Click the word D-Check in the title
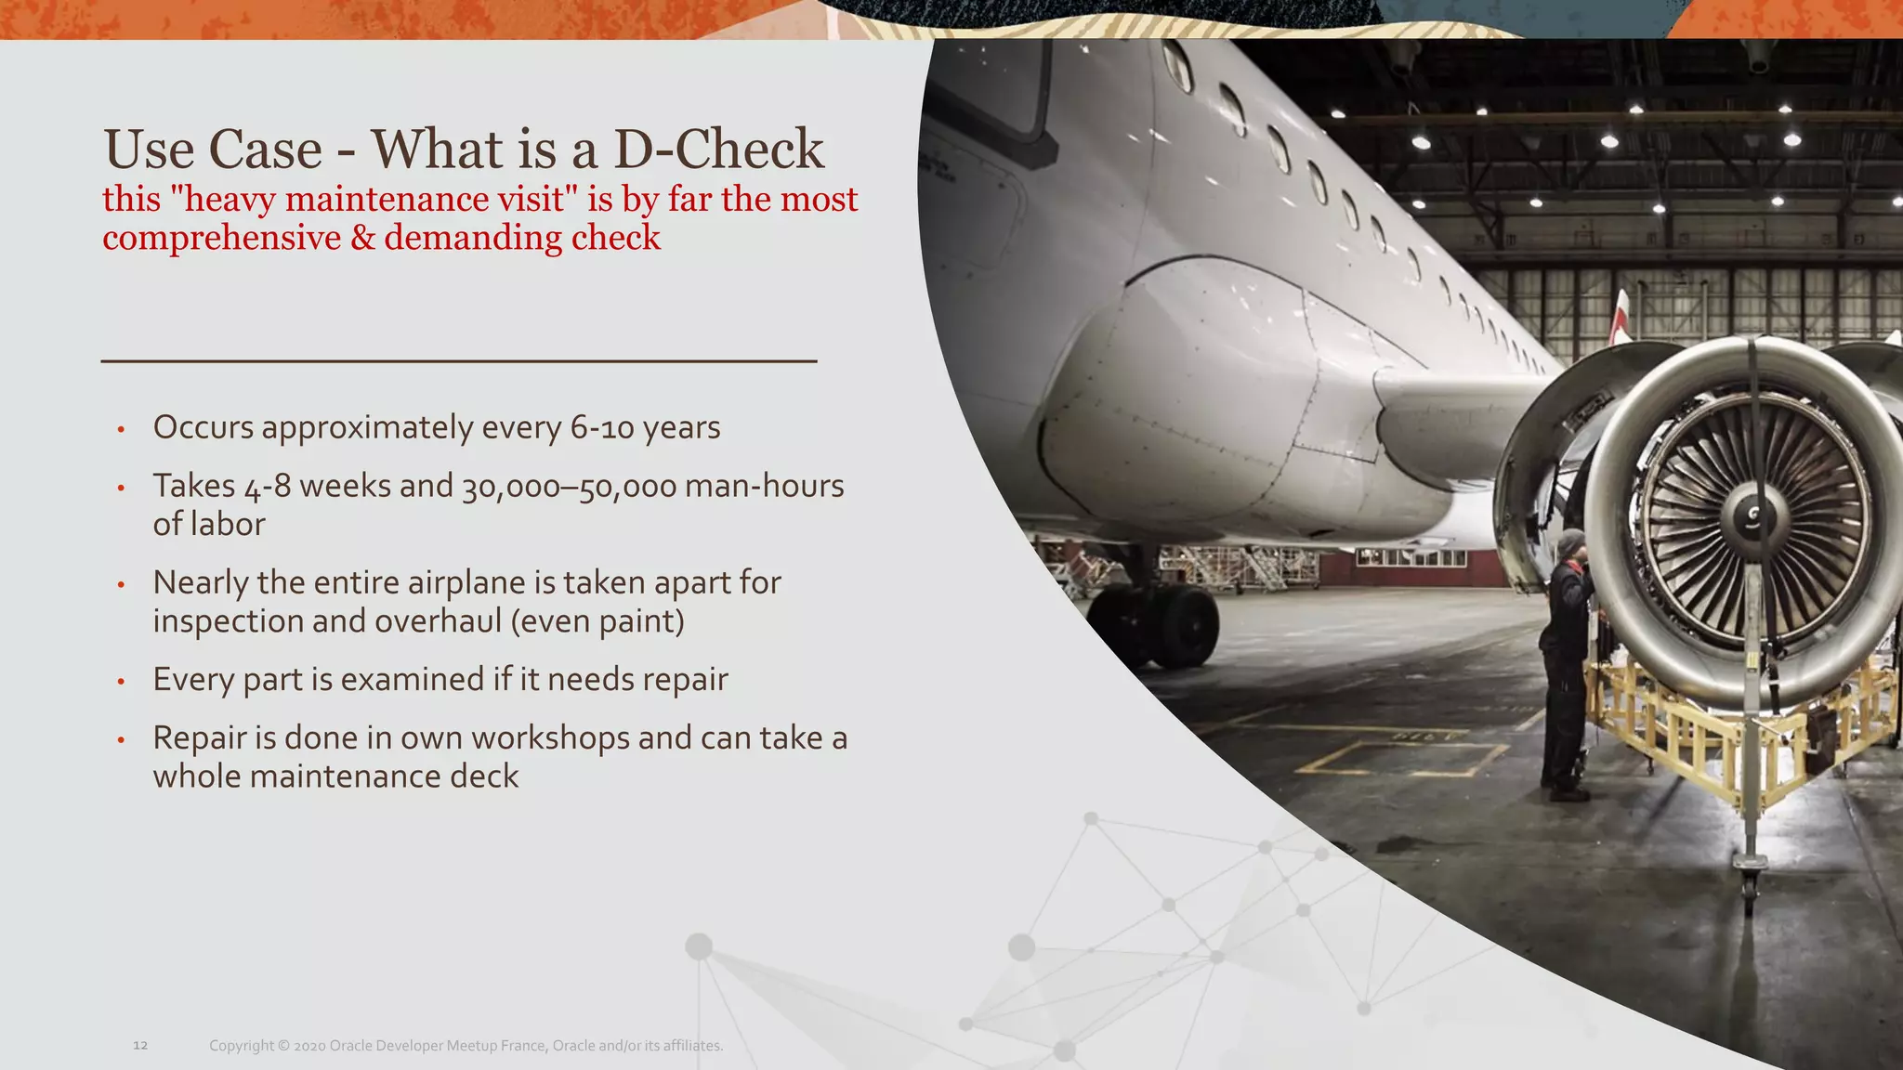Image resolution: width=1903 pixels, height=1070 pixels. click(718, 150)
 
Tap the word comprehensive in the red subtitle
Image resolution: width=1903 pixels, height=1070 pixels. click(221, 239)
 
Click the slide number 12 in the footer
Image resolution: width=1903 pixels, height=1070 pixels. click(140, 1046)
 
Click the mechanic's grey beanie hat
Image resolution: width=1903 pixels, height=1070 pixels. click(1571, 542)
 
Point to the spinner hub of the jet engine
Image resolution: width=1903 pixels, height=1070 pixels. click(1752, 515)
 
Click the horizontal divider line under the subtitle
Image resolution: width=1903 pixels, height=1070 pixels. click(458, 360)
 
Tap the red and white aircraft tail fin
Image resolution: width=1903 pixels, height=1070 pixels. click(1620, 316)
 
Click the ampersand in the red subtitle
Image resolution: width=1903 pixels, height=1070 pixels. click(362, 239)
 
